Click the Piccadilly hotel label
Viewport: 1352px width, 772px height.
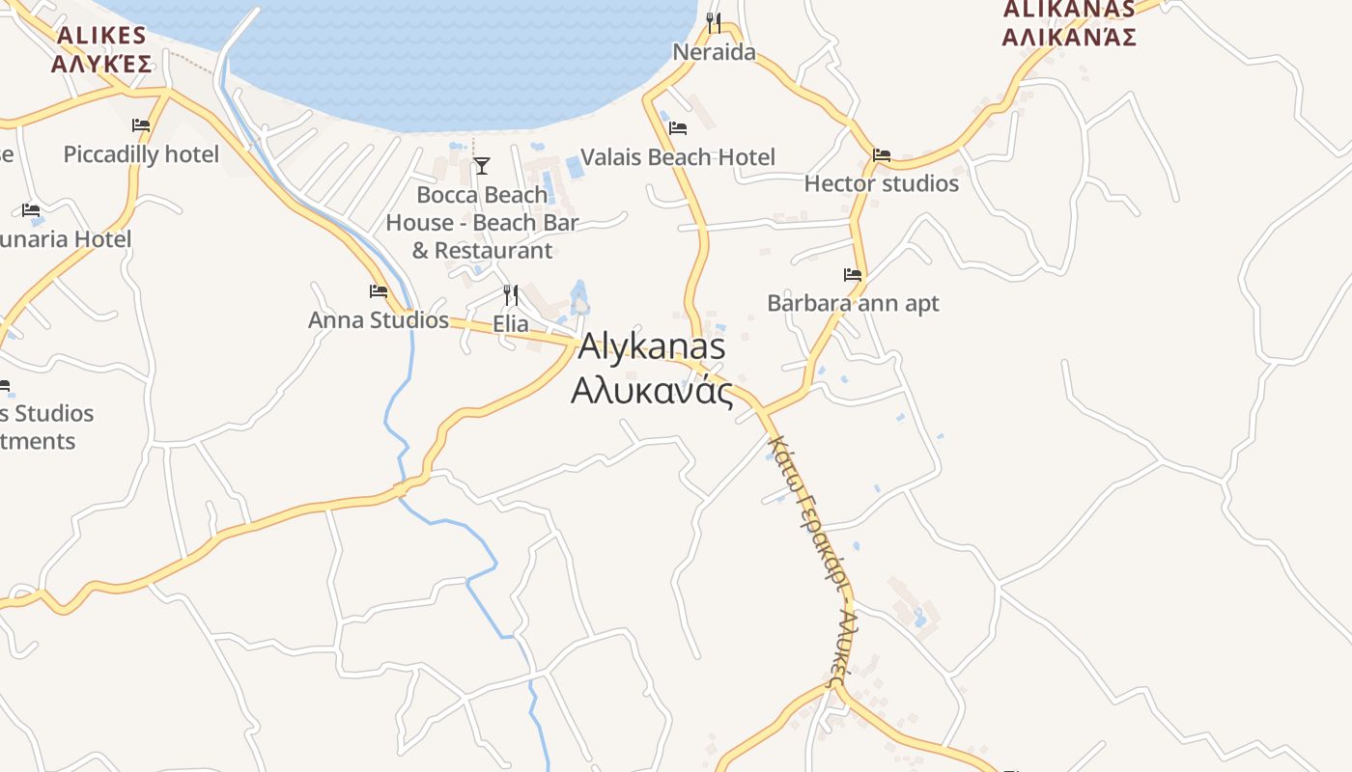pyautogui.click(x=141, y=154)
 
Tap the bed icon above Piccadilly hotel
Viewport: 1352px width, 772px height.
pyautogui.click(x=141, y=125)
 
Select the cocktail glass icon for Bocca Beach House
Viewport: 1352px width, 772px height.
pyautogui.click(x=482, y=166)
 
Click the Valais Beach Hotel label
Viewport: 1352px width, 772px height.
pyautogui.click(x=677, y=157)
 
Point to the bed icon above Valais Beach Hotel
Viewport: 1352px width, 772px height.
pyautogui.click(x=678, y=127)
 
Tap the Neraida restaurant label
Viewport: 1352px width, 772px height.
pyautogui.click(x=714, y=52)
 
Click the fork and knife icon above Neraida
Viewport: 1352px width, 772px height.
pyautogui.click(x=714, y=22)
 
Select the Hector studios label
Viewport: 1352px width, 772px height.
pyautogui.click(x=881, y=183)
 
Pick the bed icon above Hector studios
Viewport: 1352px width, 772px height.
pyautogui.click(x=881, y=154)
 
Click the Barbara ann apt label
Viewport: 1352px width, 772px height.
pyautogui.click(x=853, y=303)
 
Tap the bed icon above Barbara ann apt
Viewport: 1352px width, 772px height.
pyautogui.click(x=852, y=274)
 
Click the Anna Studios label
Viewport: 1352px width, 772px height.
pyautogui.click(x=379, y=320)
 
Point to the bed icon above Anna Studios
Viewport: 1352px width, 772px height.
pyautogui.click(x=379, y=290)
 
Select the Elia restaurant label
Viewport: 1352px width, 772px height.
pyautogui.click(x=511, y=324)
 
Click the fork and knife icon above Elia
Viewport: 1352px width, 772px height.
pyautogui.click(x=511, y=295)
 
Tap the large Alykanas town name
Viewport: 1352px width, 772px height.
pyautogui.click(x=652, y=347)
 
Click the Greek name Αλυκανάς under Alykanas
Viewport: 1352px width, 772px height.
pyautogui.click(x=652, y=391)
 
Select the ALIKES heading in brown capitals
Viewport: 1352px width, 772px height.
pyautogui.click(x=101, y=37)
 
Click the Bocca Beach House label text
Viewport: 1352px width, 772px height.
pyautogui.click(x=482, y=223)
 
